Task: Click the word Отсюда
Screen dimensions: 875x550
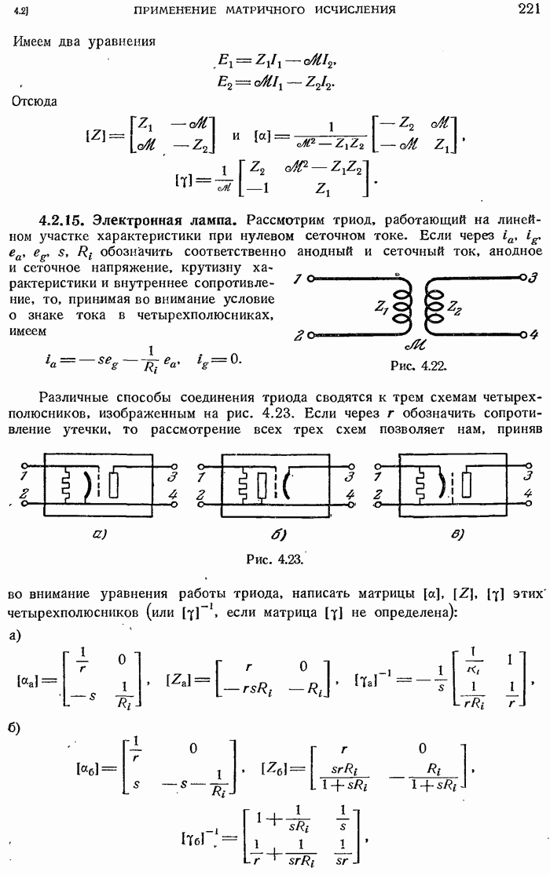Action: coord(35,100)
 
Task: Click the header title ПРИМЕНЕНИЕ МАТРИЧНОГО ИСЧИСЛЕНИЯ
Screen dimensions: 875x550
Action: coord(265,10)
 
